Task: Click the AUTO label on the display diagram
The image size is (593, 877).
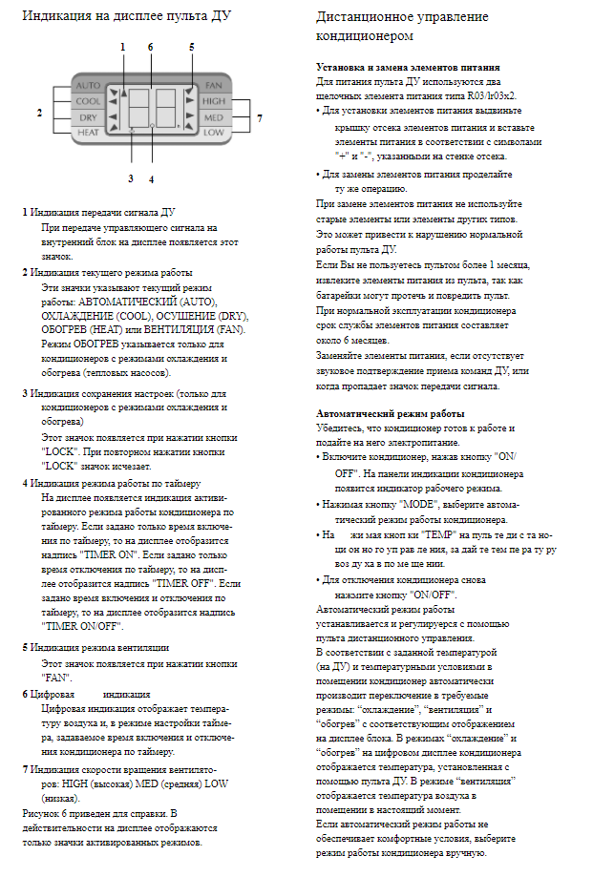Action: click(x=88, y=85)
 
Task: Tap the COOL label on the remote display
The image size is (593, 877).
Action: click(x=88, y=100)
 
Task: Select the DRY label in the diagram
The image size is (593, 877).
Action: click(x=88, y=116)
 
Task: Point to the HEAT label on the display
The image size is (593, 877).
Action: click(x=88, y=132)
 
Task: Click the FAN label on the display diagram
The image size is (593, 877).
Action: click(x=213, y=85)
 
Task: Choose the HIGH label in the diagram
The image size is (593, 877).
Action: click(x=214, y=100)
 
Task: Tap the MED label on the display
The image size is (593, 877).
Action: click(x=214, y=116)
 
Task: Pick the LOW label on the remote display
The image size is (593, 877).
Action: click(x=213, y=132)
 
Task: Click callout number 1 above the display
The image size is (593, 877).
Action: click(x=122, y=46)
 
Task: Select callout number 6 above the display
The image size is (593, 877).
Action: click(x=150, y=46)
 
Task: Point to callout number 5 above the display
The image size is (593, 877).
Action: click(x=191, y=46)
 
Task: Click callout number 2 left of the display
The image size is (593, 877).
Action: click(x=39, y=113)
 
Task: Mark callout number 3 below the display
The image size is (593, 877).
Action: click(x=130, y=177)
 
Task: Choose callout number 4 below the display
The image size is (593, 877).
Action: click(x=151, y=177)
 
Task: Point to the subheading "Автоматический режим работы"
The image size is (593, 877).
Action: click(x=391, y=413)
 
